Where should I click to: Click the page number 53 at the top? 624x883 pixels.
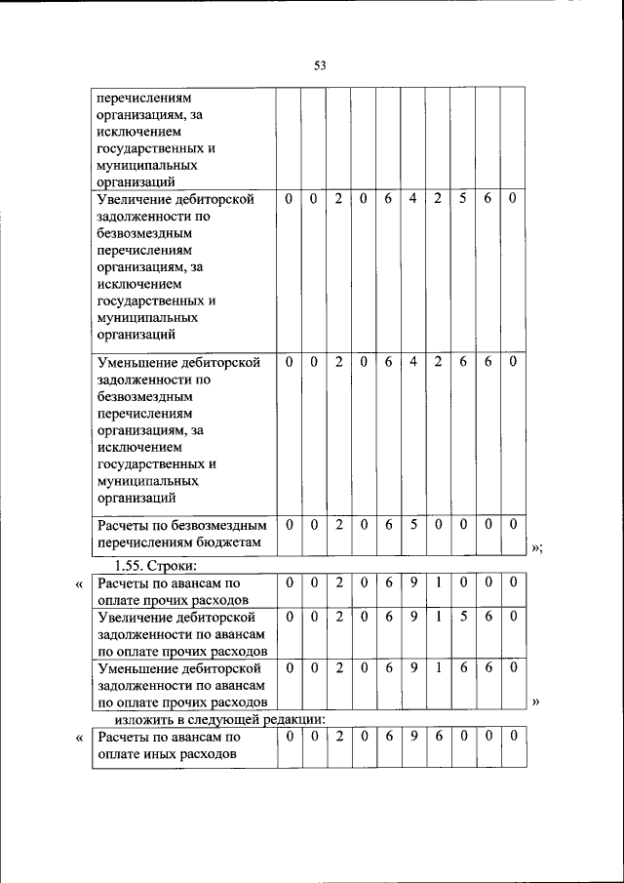[319, 65]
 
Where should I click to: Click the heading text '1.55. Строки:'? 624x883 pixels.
[156, 566]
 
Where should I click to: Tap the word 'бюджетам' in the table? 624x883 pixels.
[229, 542]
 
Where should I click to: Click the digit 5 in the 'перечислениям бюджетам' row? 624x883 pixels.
[413, 524]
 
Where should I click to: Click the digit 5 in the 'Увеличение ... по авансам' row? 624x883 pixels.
[463, 618]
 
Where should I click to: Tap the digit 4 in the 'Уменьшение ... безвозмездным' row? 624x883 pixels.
[413, 362]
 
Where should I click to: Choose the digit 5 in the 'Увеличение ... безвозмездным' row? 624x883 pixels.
[463, 199]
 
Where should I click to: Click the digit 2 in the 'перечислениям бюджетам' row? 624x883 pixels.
[338, 524]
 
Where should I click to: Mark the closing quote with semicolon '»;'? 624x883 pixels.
[536, 548]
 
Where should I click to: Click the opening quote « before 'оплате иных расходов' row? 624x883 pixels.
[79, 739]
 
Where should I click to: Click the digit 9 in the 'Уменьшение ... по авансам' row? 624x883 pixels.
[413, 668]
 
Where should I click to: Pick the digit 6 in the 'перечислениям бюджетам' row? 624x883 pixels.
[388, 524]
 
